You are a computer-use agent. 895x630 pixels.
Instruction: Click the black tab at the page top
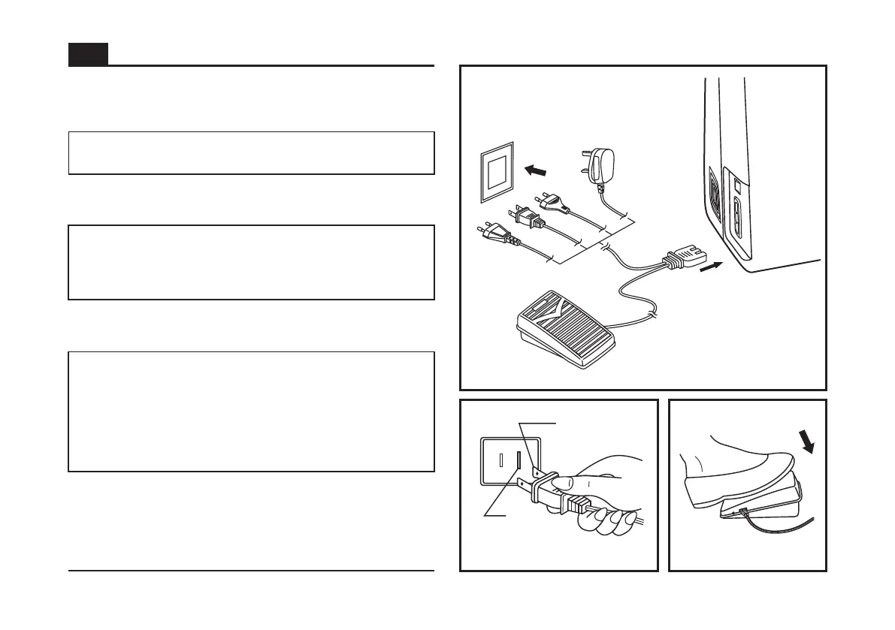click(x=88, y=54)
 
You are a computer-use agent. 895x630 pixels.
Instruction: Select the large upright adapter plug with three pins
click(x=602, y=166)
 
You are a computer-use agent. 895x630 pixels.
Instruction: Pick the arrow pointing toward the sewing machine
click(x=712, y=267)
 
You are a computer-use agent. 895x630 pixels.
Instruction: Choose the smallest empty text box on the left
click(x=251, y=153)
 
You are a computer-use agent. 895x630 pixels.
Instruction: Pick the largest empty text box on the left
click(x=251, y=411)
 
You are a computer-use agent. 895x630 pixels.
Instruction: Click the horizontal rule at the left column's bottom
click(x=251, y=571)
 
